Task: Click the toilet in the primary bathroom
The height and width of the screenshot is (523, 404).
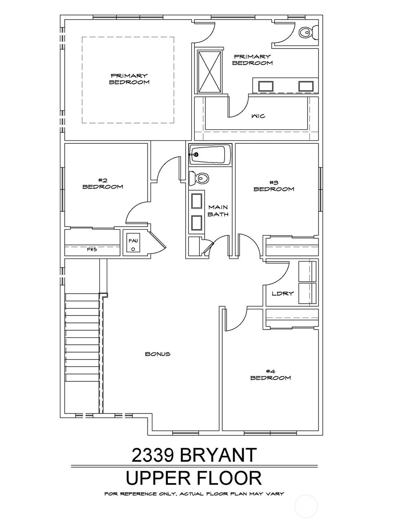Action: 307,32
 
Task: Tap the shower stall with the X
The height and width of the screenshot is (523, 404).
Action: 209,72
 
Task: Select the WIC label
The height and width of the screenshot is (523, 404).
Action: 258,116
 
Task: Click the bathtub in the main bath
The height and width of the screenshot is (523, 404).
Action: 210,154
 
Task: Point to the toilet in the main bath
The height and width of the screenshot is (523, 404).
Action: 199,178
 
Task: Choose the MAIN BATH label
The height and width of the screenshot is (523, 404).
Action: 218,211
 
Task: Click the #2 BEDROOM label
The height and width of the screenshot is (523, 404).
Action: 102,184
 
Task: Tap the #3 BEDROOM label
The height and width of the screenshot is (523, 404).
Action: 274,186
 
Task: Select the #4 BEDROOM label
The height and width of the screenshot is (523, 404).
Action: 270,374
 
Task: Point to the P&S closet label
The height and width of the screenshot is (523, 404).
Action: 92,250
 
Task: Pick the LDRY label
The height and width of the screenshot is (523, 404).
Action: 282,293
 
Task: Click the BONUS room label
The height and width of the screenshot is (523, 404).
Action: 158,354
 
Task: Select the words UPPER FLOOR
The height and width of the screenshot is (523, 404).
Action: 194,478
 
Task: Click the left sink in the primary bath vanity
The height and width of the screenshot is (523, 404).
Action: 265,86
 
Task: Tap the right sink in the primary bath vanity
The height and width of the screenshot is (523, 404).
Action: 306,86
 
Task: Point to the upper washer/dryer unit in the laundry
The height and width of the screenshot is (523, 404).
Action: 307,271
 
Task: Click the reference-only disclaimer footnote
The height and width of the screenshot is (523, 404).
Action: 194,494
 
